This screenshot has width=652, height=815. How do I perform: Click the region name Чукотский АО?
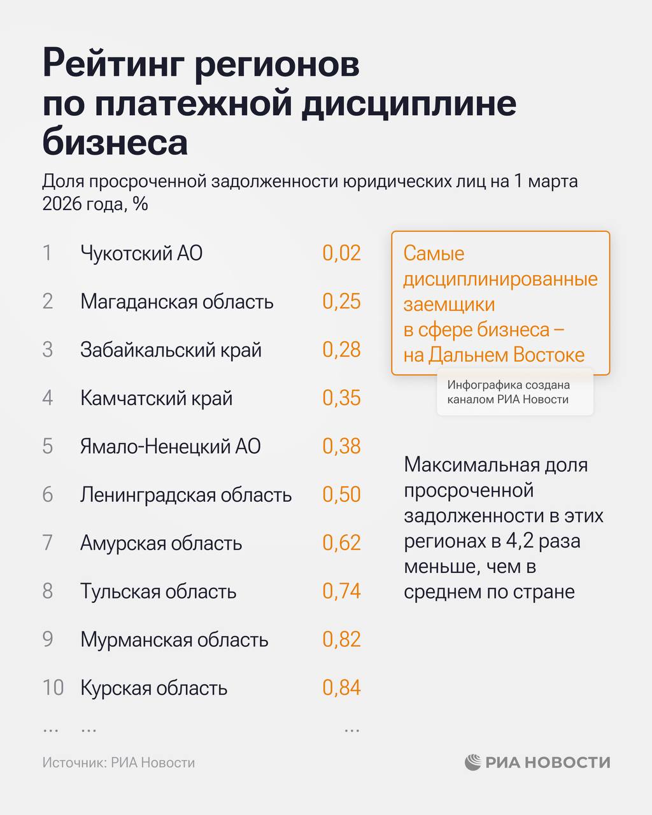tap(141, 253)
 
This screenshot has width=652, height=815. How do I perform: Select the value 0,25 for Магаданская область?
tap(341, 301)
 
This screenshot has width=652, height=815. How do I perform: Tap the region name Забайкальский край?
tap(171, 350)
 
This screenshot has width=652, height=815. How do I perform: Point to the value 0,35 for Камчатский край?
tap(341, 398)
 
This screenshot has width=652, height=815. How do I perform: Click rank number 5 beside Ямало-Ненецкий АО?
tap(48, 446)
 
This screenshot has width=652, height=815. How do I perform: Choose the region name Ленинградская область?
tap(186, 495)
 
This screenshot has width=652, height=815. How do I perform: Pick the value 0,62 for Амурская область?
tap(341, 543)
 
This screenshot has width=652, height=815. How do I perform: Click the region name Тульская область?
tap(158, 592)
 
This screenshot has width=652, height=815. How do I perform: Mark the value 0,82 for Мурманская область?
tap(341, 640)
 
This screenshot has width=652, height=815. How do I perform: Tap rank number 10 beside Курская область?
tap(53, 688)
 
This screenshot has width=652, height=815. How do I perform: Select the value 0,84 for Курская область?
tap(341, 688)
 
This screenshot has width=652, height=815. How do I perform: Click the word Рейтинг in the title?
tap(112, 65)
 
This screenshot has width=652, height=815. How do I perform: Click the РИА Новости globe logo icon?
tap(472, 762)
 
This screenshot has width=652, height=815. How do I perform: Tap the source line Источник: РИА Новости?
tap(118, 763)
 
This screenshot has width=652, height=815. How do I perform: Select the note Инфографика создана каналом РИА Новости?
tap(508, 392)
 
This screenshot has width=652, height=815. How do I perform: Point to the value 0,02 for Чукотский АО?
tap(341, 253)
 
